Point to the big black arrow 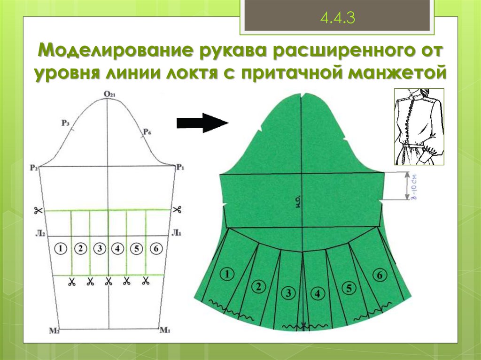202,123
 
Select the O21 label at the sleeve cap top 109,95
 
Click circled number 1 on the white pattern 61,249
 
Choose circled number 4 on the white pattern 117,249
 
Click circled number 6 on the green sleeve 380,276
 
